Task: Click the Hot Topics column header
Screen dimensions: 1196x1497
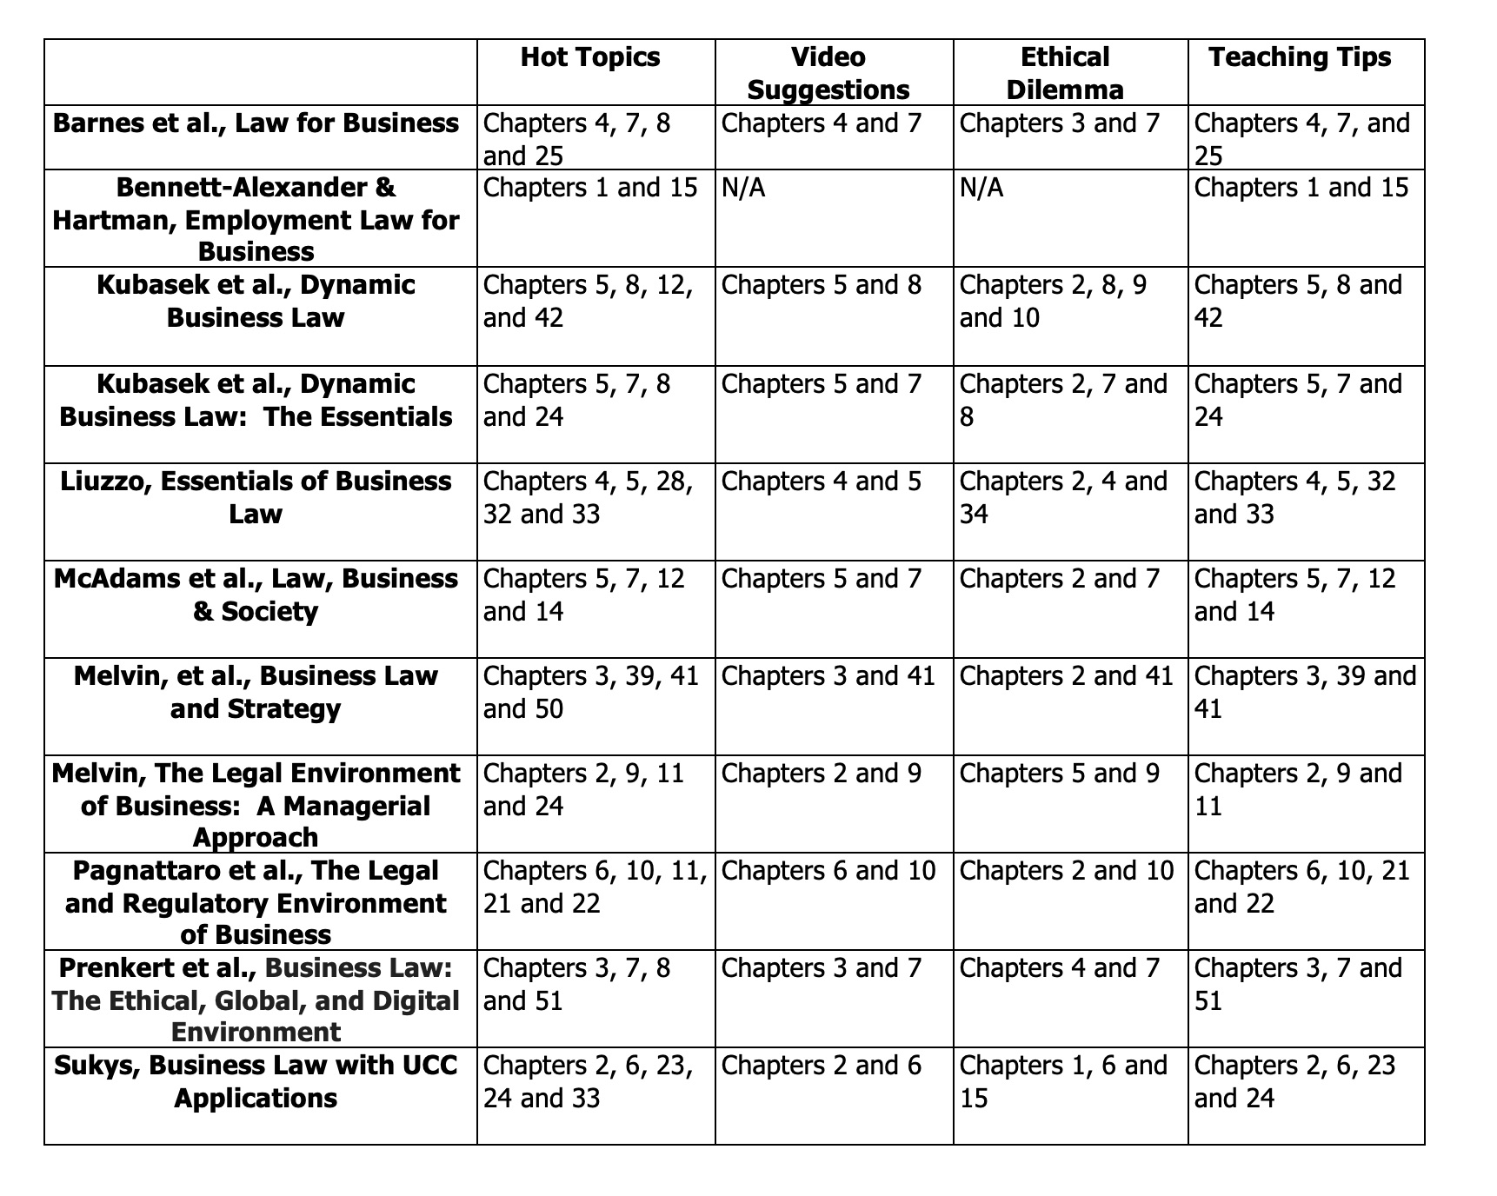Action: click(x=590, y=57)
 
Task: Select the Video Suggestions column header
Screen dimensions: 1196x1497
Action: click(x=828, y=73)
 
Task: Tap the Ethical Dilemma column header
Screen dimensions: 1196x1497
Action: click(x=1065, y=73)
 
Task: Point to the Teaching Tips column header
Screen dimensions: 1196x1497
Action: click(x=1300, y=57)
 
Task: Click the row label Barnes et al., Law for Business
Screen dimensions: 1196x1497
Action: click(x=256, y=123)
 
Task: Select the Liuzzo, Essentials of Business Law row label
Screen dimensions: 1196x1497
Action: click(x=256, y=497)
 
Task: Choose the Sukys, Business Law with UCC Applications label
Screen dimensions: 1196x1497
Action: click(x=256, y=1081)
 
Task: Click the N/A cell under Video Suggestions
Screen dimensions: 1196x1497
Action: click(x=743, y=188)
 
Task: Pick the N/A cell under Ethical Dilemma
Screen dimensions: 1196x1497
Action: click(x=981, y=188)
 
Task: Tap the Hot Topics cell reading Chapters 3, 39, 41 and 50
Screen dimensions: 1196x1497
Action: click(x=590, y=692)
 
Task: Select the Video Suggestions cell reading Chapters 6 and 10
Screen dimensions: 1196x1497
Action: click(x=828, y=871)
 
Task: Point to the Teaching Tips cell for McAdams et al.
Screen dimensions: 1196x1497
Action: click(x=1294, y=595)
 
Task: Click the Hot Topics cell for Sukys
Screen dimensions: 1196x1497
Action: click(x=588, y=1081)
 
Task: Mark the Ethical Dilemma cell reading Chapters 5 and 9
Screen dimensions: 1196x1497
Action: click(x=1059, y=774)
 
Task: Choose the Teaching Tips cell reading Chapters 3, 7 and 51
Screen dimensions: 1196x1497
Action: click(x=1298, y=984)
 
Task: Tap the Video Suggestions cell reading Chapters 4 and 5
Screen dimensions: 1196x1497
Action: click(x=821, y=482)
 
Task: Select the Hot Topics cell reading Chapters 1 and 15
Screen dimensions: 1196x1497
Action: click(x=589, y=188)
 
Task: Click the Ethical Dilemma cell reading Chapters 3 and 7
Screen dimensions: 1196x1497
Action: click(x=1059, y=123)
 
